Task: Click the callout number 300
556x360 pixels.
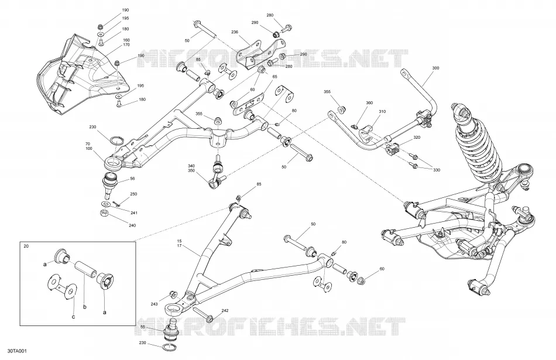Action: click(x=435, y=68)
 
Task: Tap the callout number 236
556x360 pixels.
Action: click(x=235, y=32)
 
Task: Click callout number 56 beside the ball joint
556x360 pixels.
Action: click(x=132, y=179)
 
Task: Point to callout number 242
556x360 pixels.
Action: click(x=225, y=311)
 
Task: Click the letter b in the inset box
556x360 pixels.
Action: click(x=84, y=307)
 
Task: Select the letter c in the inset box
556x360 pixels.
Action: click(x=73, y=317)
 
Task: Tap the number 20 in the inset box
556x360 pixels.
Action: click(x=26, y=246)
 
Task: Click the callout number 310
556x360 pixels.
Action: click(x=382, y=112)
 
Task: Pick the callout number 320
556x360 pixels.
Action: click(x=417, y=137)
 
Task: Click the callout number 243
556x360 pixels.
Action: click(x=154, y=304)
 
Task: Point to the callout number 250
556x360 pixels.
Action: click(x=133, y=194)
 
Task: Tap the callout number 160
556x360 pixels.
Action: click(x=126, y=40)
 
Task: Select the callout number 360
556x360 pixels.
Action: click(x=369, y=103)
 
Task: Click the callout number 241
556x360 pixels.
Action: click(x=133, y=213)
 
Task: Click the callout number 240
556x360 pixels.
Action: click(x=132, y=225)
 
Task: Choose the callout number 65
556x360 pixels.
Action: click(x=274, y=77)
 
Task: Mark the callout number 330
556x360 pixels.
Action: click(x=437, y=170)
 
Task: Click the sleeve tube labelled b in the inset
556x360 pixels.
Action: click(x=85, y=269)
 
